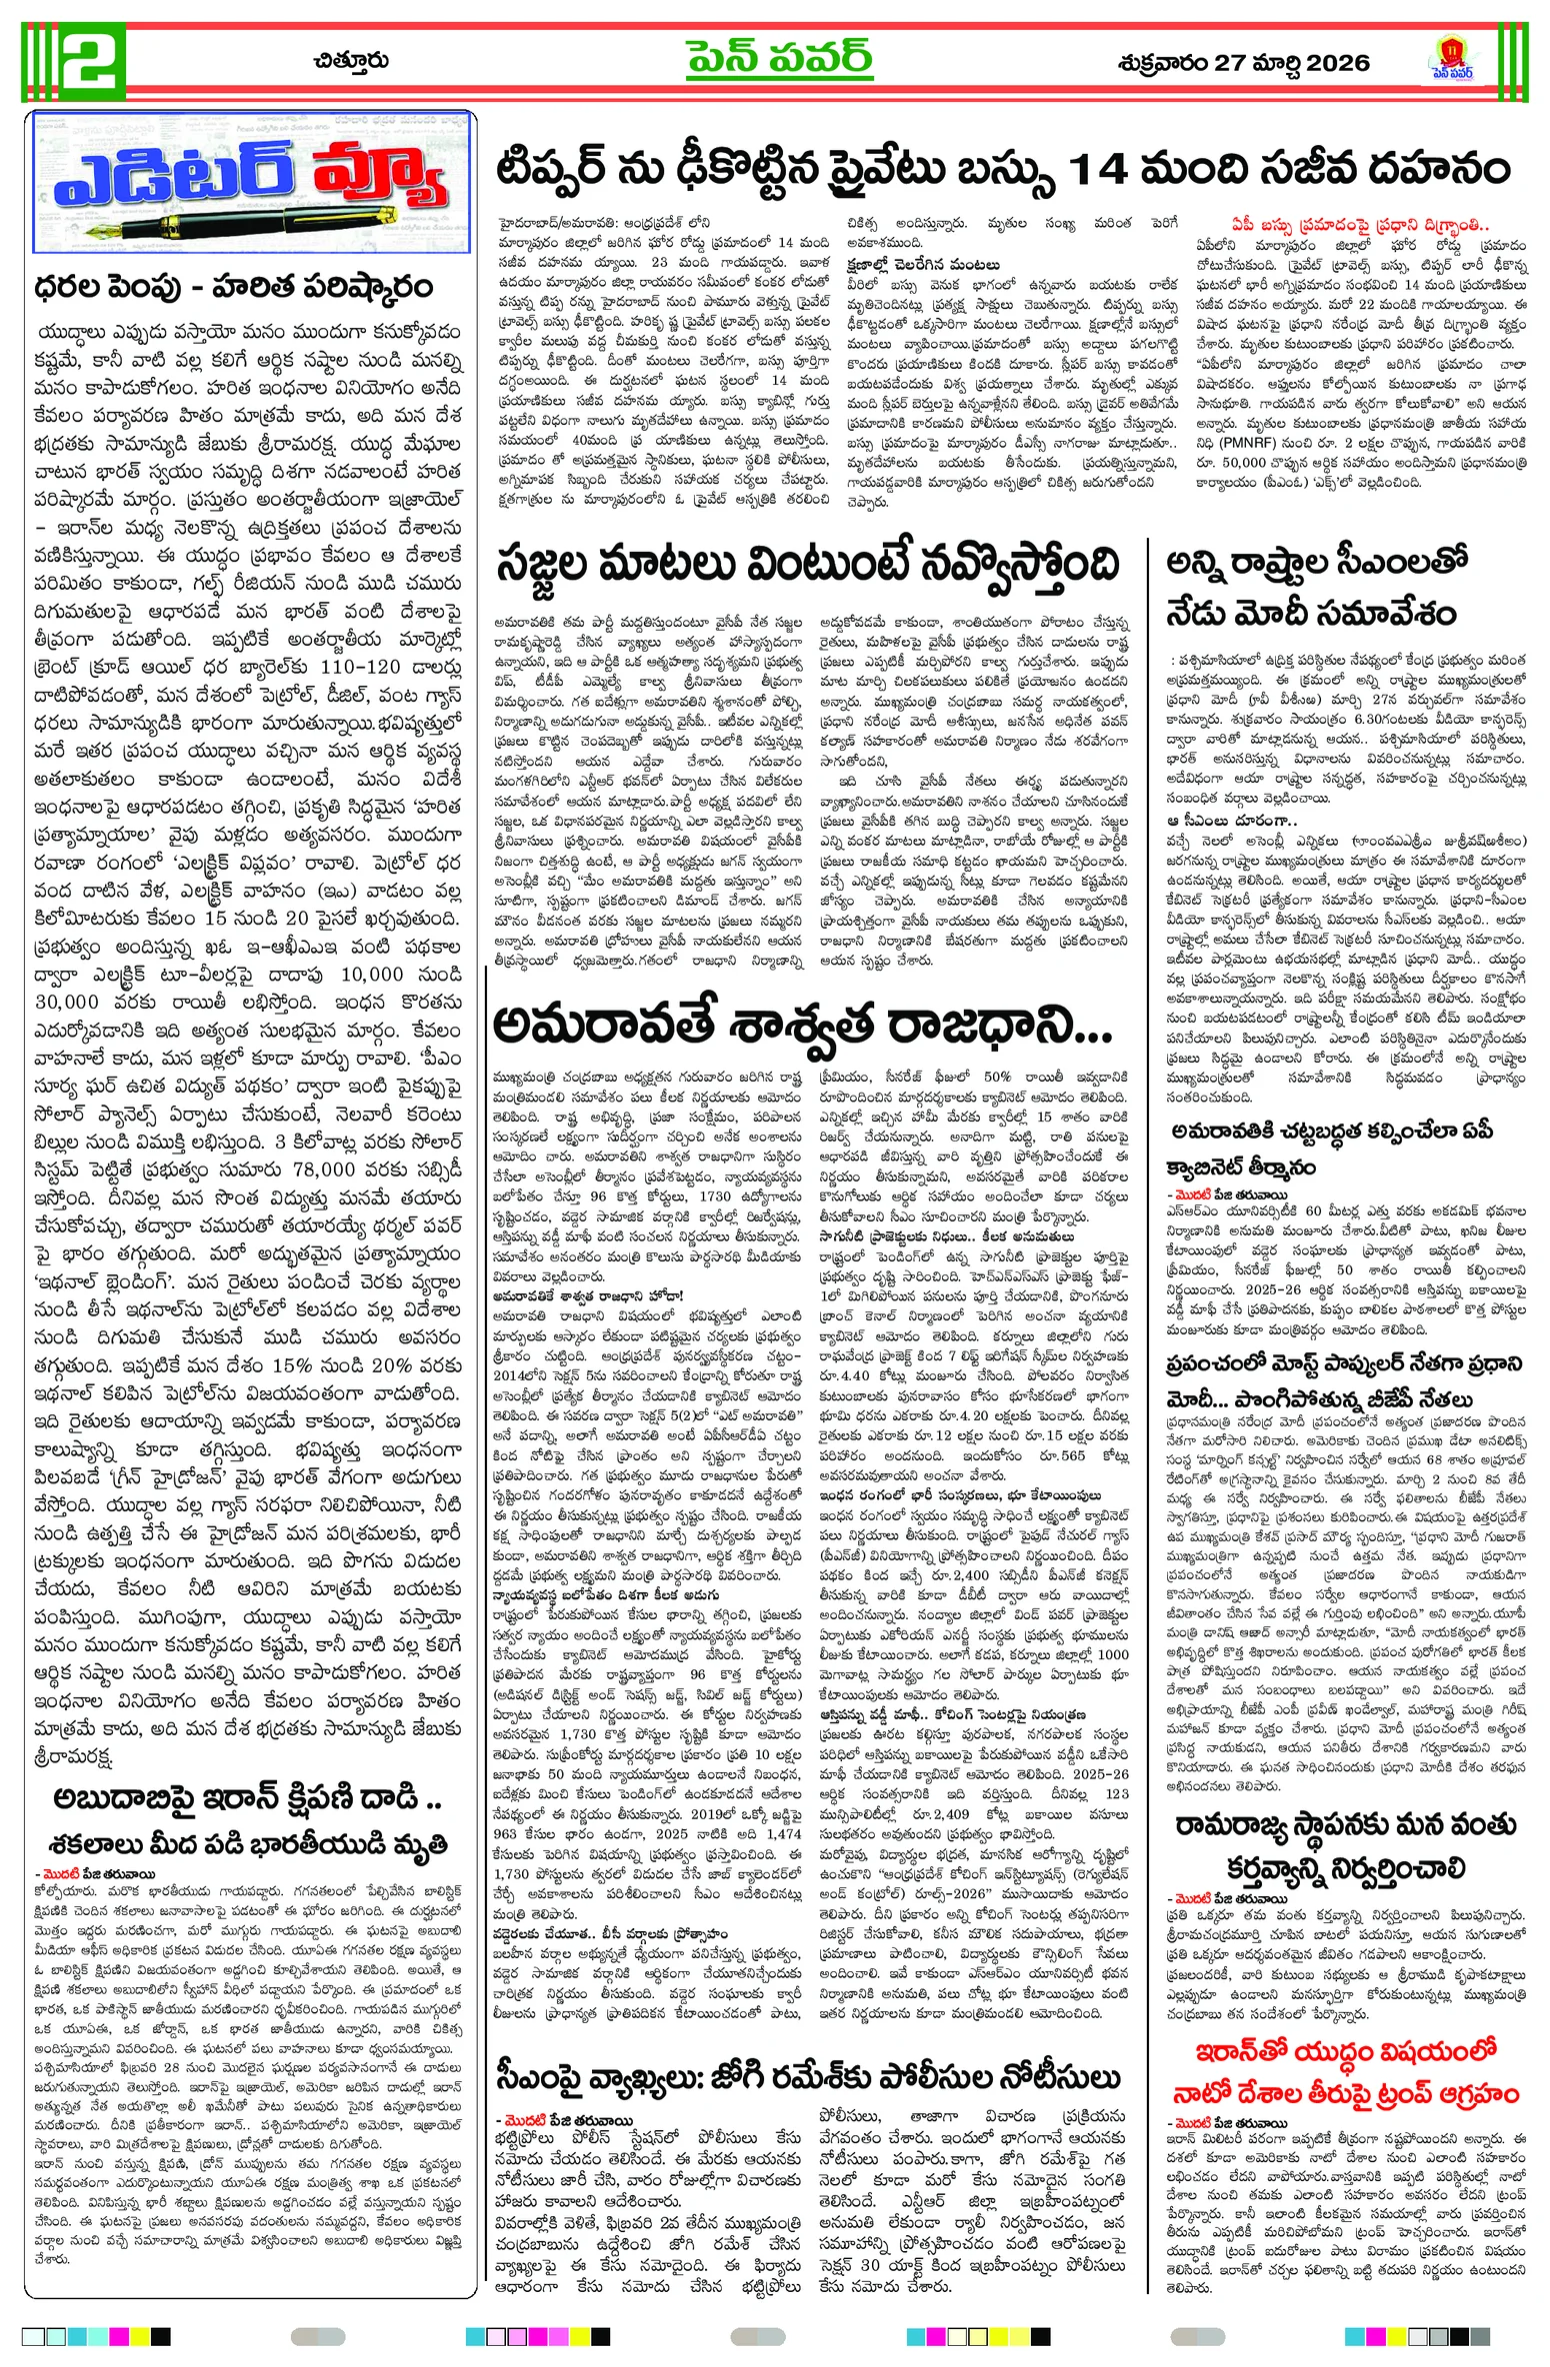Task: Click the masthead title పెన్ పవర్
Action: click(x=779, y=60)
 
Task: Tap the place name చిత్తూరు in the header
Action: click(x=350, y=61)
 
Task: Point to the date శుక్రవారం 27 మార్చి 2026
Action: click(x=1243, y=63)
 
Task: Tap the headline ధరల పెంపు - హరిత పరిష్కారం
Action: click(x=233, y=287)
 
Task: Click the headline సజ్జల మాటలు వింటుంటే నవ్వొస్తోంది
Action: click(x=807, y=566)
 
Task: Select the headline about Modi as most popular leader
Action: click(x=1345, y=1380)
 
